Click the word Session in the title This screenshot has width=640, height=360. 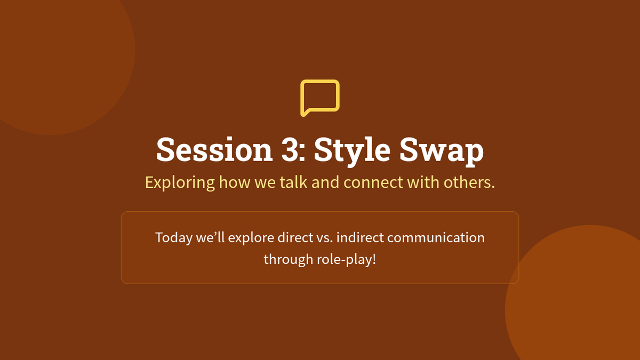[x=214, y=150]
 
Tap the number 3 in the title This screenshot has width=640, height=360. [x=290, y=150]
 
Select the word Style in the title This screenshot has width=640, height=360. [x=352, y=151]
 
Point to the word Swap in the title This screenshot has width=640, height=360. [x=442, y=151]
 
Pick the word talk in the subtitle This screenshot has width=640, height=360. [x=293, y=182]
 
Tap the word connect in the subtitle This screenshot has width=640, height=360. [x=373, y=182]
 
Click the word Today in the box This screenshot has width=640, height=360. [x=174, y=238]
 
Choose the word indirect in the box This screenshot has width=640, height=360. [x=360, y=237]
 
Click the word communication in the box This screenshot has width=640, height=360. [x=436, y=237]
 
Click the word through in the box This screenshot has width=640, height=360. [x=289, y=260]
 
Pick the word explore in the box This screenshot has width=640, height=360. [x=251, y=238]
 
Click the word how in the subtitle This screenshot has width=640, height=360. [x=235, y=182]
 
